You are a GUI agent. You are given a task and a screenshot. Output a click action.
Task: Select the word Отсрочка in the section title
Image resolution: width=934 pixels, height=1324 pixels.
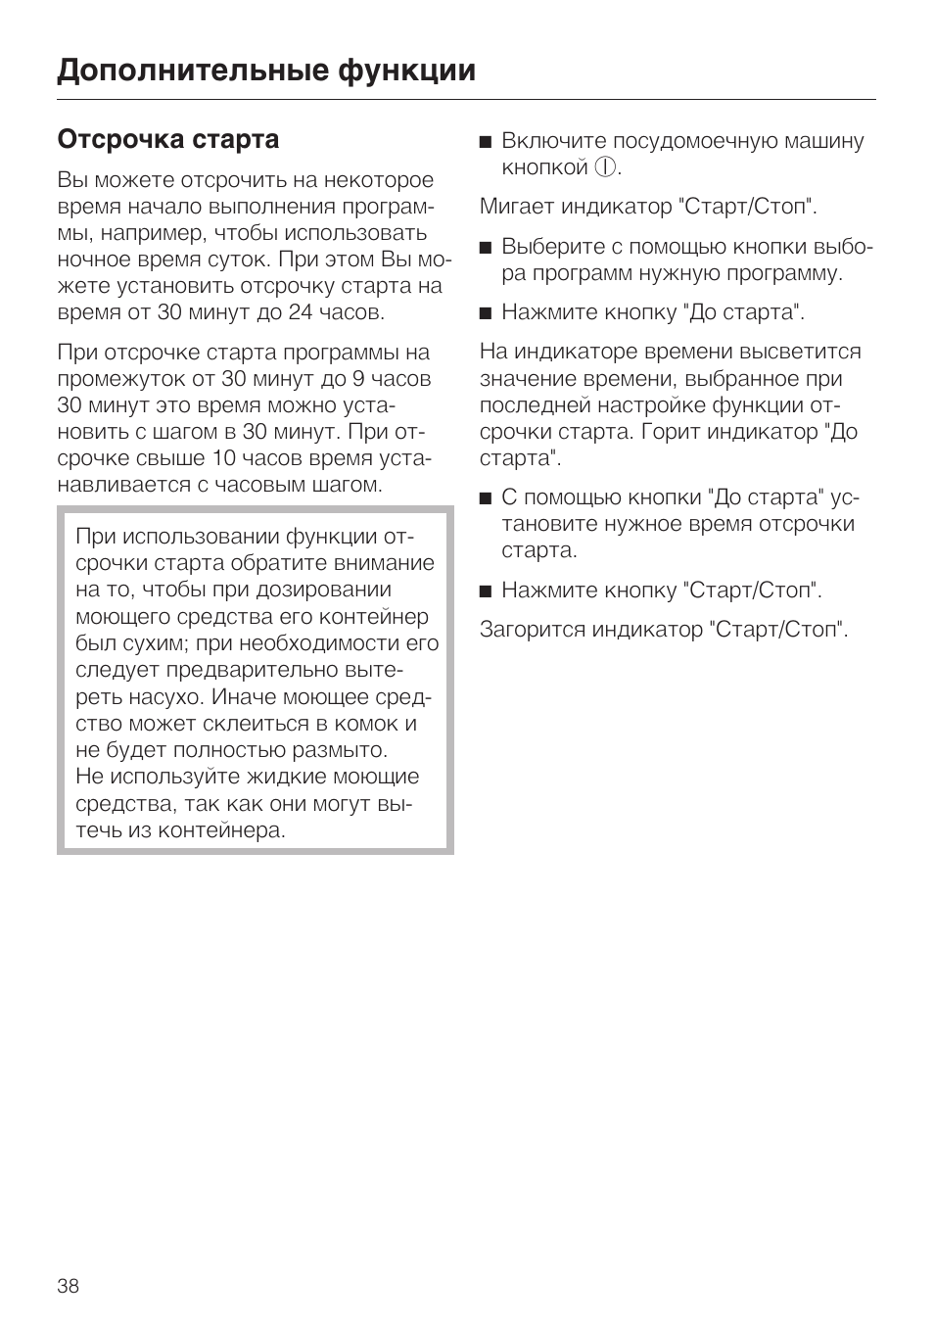[112, 139]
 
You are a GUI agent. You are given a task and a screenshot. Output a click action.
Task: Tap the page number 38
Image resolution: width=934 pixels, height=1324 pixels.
[68, 1286]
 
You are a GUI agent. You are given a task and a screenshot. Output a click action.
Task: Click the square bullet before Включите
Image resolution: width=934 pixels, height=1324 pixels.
[485, 142]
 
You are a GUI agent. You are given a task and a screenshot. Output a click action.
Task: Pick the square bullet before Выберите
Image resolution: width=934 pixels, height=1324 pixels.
[485, 247]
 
